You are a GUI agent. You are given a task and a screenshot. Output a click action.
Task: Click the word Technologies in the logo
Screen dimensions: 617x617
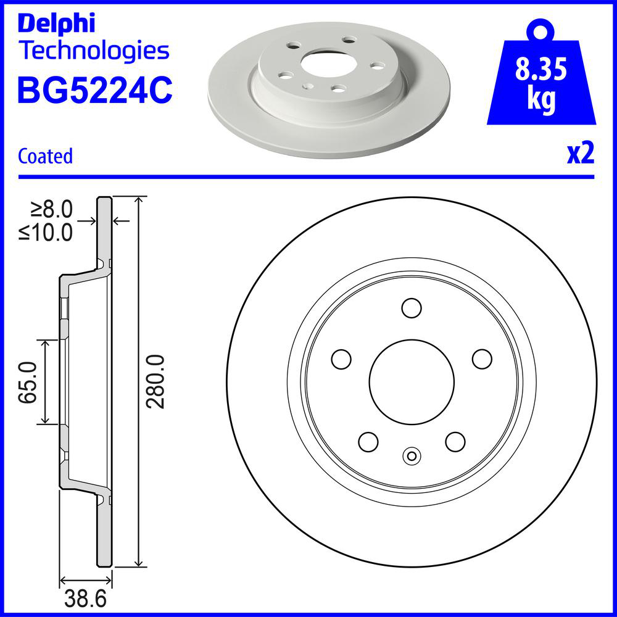93,51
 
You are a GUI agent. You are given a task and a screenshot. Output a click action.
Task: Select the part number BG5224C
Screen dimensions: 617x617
95,90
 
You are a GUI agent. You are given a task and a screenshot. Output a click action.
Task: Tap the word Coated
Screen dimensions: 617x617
46,156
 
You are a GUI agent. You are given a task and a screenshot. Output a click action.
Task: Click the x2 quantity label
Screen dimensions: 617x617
580,154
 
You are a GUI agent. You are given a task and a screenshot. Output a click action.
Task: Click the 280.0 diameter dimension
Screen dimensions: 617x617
157,381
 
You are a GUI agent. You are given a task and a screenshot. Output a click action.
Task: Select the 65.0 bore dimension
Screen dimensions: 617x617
28,382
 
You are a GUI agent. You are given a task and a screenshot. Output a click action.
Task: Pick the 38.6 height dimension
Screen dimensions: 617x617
86,598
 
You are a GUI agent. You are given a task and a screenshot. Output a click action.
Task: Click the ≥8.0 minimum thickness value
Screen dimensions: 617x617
51,210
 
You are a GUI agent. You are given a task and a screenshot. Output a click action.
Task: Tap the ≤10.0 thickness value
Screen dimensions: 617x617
46,233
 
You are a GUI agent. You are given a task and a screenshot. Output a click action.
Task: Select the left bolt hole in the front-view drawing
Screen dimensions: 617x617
341,358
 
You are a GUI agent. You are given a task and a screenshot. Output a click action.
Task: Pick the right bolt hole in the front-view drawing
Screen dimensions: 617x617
482,358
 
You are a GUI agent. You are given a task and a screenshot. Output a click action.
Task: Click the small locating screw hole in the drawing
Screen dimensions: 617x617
411,456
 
